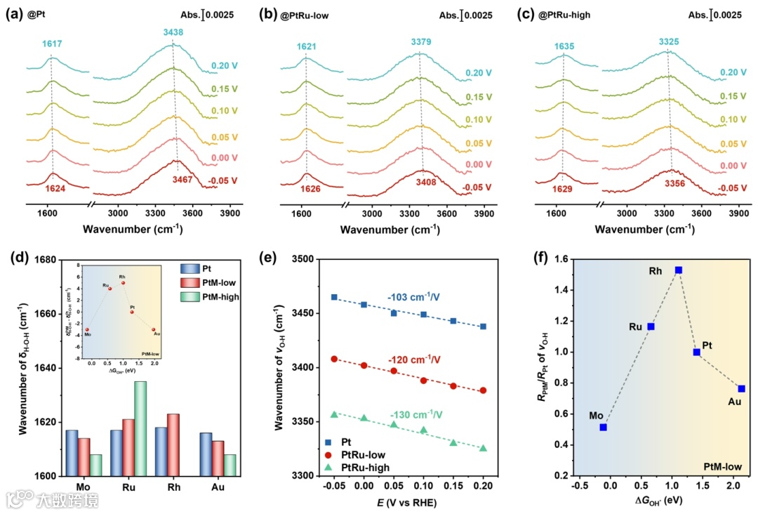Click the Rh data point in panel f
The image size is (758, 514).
click(x=678, y=270)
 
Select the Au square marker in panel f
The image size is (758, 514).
click(x=741, y=388)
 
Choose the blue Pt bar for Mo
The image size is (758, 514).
click(x=72, y=452)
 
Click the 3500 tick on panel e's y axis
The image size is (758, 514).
click(x=301, y=259)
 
